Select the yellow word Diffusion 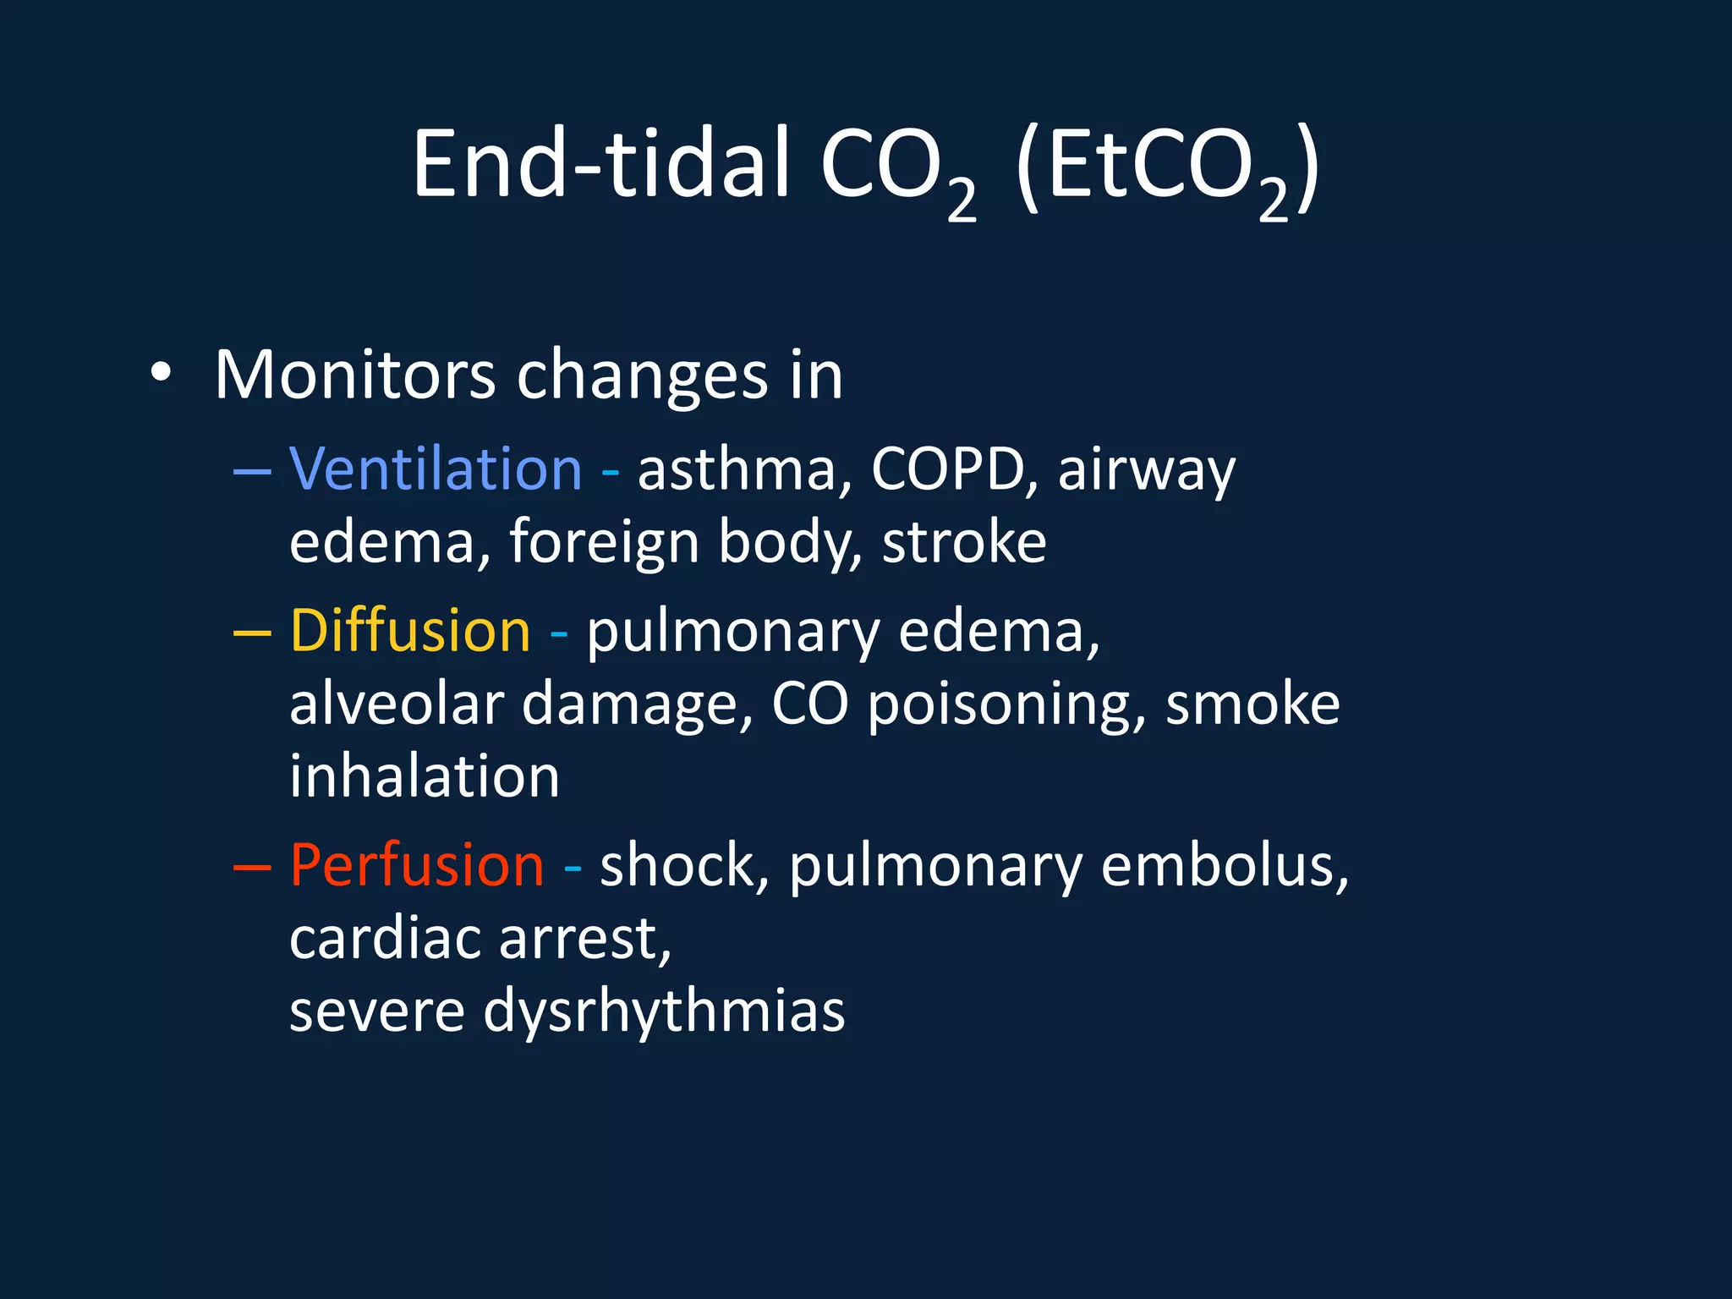(410, 631)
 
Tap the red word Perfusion (417, 865)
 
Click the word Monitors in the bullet (354, 375)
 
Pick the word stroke (964, 542)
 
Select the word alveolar (397, 704)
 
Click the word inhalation (425, 776)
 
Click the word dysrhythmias (664, 1012)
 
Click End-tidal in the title (601, 164)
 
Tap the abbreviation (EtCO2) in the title (1167, 169)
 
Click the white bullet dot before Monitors (161, 373)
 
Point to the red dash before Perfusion (251, 867)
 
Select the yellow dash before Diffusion (251, 633)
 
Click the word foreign (604, 544)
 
